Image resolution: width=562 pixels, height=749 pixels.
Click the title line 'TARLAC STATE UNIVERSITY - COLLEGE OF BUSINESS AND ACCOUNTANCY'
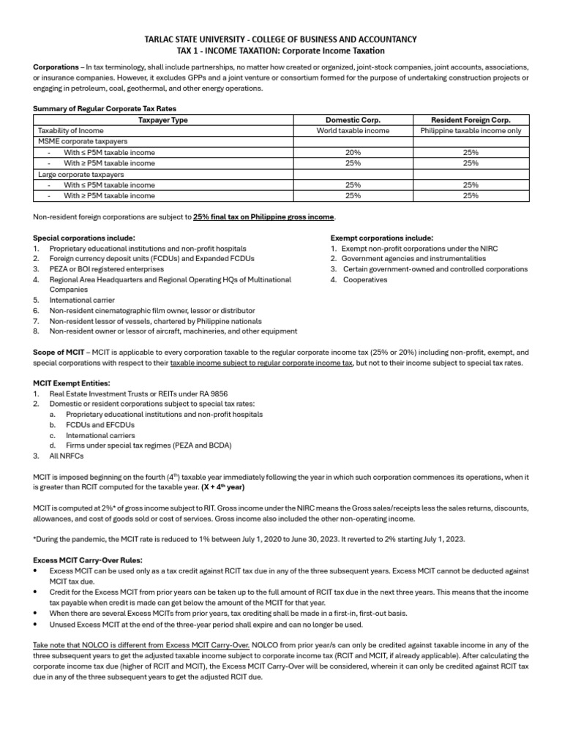pyautogui.click(x=281, y=39)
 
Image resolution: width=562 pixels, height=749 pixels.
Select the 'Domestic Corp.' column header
pyautogui.click(x=353, y=120)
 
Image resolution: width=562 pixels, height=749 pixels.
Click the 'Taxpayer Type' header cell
pyautogui.click(x=163, y=120)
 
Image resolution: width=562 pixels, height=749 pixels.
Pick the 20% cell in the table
pyautogui.click(x=353, y=153)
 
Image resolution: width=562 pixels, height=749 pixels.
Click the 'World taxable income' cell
pyautogui.click(x=353, y=131)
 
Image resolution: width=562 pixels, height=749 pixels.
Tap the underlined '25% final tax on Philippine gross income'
pyautogui.click(x=264, y=217)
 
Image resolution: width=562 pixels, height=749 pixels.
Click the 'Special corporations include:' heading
pyautogui.click(x=84, y=238)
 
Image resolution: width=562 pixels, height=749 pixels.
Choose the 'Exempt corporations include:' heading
pyautogui.click(x=381, y=238)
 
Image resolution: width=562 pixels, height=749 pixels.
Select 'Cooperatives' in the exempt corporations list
pyautogui.click(x=365, y=279)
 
